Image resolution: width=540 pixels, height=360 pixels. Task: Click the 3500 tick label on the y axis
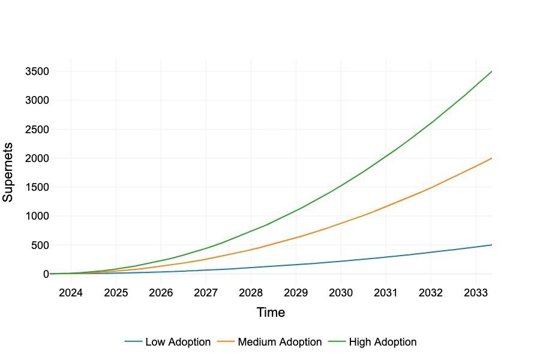pos(37,71)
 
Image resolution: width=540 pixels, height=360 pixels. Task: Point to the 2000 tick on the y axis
pos(37,158)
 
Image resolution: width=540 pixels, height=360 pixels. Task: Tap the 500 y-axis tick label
pos(40,245)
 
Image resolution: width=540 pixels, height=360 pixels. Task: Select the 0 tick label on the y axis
pos(46,274)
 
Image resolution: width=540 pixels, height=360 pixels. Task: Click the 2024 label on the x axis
pos(71,293)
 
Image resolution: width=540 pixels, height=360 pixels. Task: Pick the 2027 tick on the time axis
pos(206,293)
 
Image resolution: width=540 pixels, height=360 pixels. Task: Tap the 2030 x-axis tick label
pos(341,293)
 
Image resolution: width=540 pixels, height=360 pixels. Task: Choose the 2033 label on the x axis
pos(476,293)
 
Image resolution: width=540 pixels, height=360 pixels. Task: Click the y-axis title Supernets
pos(8,172)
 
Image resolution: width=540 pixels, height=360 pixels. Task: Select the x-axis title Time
pos(271,313)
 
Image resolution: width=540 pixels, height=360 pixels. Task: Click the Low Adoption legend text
pos(178,342)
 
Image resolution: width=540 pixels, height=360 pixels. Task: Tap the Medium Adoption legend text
pos(280,342)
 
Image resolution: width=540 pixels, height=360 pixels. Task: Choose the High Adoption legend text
pos(382,342)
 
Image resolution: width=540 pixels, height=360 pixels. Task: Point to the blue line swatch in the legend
pos(133,342)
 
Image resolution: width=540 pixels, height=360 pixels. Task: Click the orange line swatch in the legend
pos(226,342)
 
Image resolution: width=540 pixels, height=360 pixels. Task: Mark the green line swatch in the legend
pos(337,342)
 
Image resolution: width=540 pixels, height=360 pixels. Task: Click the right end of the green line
pos(491,71)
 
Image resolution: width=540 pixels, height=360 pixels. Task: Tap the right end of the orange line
pos(491,158)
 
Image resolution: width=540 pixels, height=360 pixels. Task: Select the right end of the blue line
pos(491,245)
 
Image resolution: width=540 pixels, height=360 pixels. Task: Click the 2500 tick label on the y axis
pos(37,130)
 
